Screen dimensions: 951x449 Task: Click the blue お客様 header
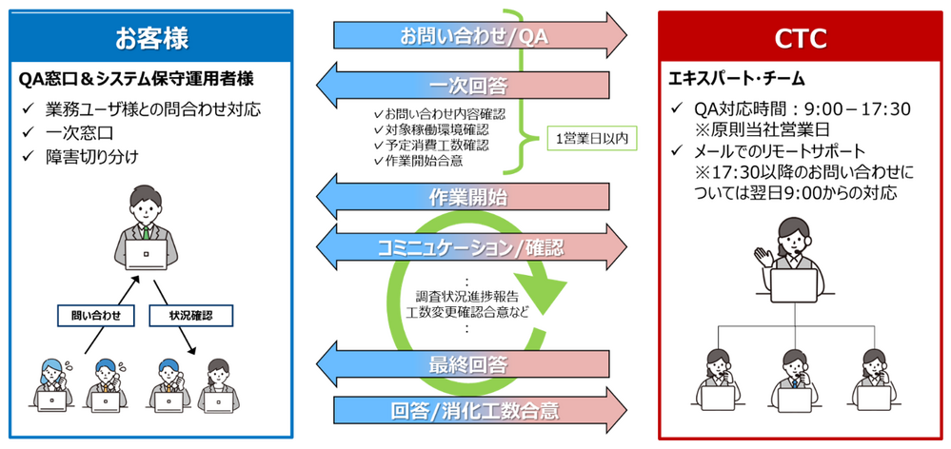[x=151, y=36]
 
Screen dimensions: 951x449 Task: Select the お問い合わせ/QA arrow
[x=480, y=36]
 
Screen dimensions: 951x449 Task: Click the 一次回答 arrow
[x=462, y=86]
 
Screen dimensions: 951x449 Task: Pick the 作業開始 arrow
[x=462, y=196]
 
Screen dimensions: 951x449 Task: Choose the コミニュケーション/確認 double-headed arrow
[x=471, y=246]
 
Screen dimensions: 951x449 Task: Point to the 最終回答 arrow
[x=462, y=364]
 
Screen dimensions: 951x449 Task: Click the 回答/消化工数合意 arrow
[x=480, y=412]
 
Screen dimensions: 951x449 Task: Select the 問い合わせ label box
[x=95, y=315]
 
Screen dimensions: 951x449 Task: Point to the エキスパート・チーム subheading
[x=736, y=78]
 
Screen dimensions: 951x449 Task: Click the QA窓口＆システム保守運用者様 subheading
[x=137, y=79]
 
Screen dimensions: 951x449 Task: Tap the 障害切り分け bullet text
[x=92, y=157]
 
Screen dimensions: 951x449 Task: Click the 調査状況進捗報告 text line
[x=467, y=300]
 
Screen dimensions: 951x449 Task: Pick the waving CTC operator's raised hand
[x=763, y=255]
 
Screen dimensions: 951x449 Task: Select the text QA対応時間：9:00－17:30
[x=803, y=109]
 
